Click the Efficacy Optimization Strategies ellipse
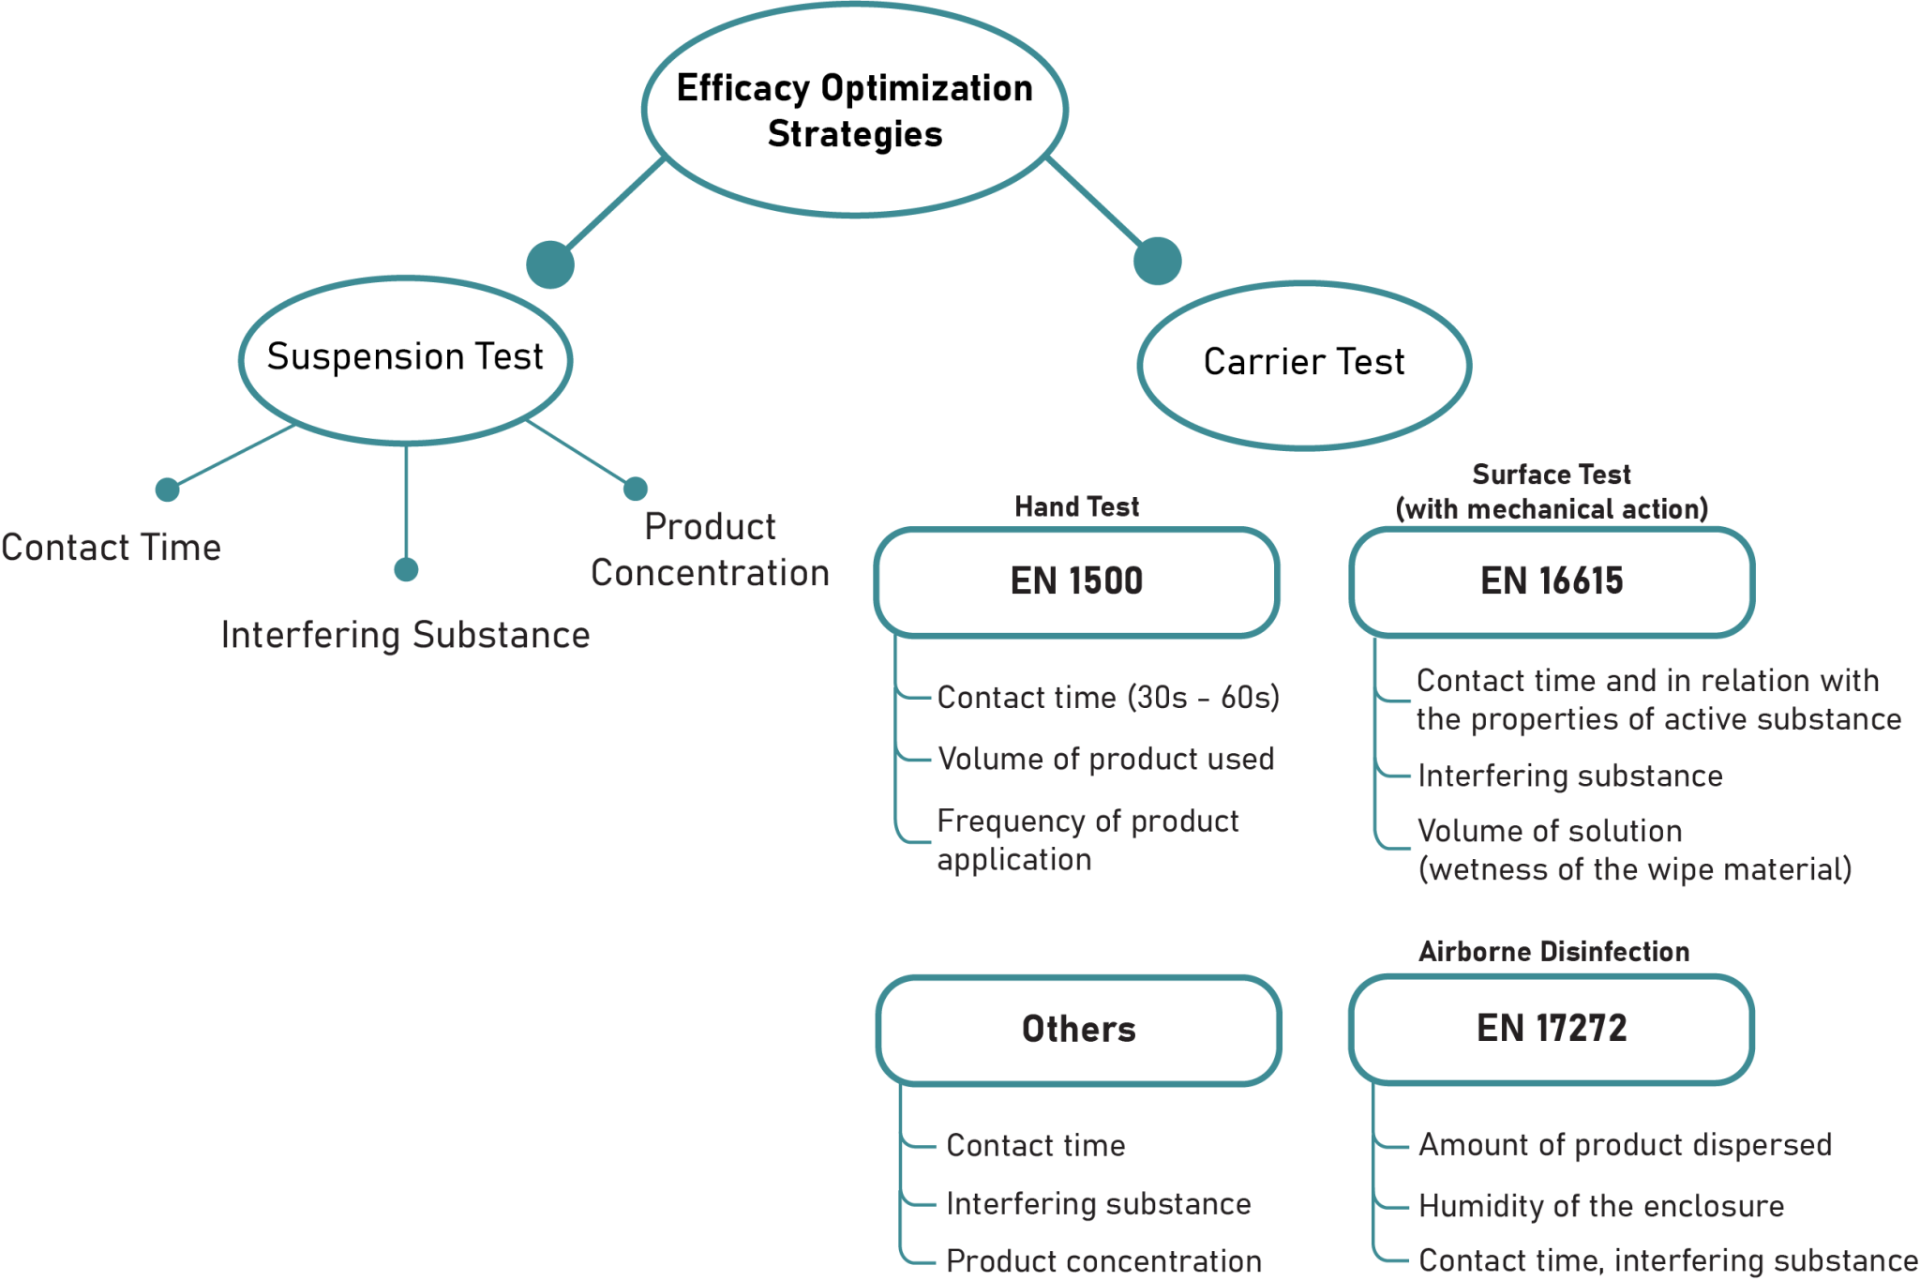[854, 111]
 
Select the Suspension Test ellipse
[405, 359]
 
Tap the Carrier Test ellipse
[1303, 364]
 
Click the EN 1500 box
[1076, 581]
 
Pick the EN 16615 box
[1552, 581]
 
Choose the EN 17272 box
[1552, 1029]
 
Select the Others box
[1078, 1030]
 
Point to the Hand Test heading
[1076, 507]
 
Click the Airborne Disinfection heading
[1553, 952]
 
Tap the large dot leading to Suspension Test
[550, 264]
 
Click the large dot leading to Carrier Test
[1157, 261]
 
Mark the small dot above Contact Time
[168, 490]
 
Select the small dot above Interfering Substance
[406, 569]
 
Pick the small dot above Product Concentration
[636, 489]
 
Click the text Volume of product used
[1106, 759]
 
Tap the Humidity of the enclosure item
[1601, 1206]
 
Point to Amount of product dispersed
[1625, 1145]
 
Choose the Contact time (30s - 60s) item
[1108, 698]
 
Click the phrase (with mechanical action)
[1552, 509]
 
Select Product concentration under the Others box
[1103, 1261]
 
